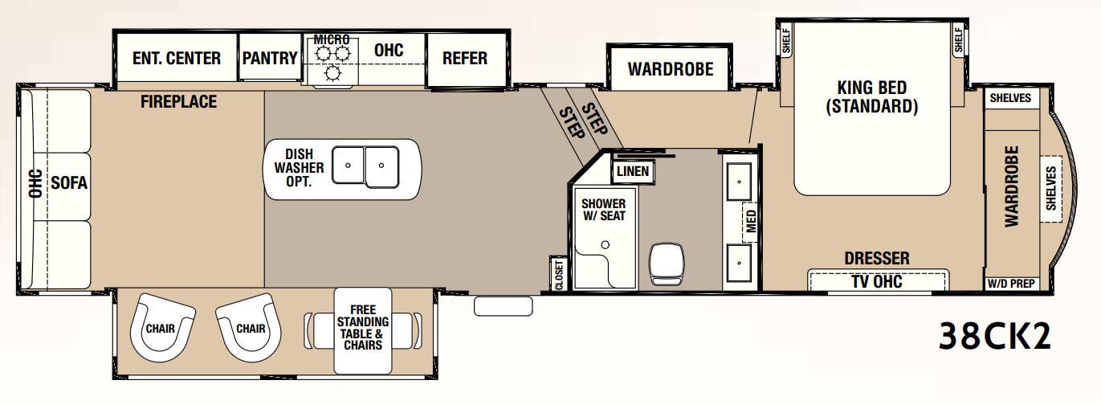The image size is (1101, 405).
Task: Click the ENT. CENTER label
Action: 177,58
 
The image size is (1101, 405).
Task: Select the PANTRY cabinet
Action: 270,56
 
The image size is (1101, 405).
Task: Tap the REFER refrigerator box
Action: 466,60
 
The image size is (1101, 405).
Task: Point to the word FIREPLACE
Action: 178,102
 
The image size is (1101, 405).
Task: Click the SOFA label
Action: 69,183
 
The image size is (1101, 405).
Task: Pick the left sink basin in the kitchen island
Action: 348,165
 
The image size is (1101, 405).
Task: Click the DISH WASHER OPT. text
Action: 299,168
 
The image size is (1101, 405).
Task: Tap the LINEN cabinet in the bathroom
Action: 633,171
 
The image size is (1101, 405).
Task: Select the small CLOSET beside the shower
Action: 558,273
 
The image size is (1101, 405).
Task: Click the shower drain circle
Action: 606,244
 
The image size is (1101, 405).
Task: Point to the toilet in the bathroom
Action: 666,264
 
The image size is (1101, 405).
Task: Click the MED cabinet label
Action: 751,222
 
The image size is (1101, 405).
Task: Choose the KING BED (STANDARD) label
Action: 872,97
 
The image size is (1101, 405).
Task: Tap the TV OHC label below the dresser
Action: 877,281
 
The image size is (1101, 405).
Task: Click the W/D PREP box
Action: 1012,284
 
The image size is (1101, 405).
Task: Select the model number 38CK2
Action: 994,336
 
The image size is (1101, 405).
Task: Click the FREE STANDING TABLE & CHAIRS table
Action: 363,330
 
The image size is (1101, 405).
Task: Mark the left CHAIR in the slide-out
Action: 162,327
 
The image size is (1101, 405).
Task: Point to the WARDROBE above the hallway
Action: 670,68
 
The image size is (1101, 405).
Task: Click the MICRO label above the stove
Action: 332,39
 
